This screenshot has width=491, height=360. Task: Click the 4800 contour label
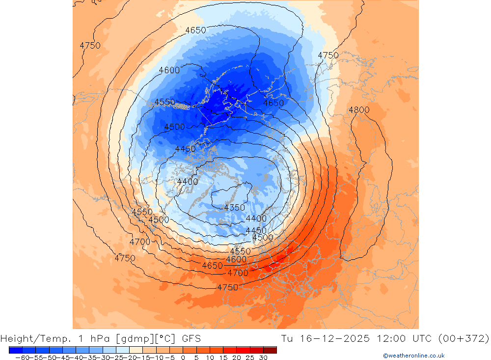(x=359, y=110)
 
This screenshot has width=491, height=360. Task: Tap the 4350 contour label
(x=234, y=208)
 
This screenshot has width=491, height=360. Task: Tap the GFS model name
(x=190, y=338)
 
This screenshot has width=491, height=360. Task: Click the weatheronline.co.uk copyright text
(x=414, y=356)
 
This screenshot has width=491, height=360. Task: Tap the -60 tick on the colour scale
(x=22, y=358)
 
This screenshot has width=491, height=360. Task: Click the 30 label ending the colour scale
(x=263, y=358)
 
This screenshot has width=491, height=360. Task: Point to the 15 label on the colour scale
(x=223, y=358)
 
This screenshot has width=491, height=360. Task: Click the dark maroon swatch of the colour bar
(x=270, y=350)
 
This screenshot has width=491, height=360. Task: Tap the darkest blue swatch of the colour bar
(x=15, y=350)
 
